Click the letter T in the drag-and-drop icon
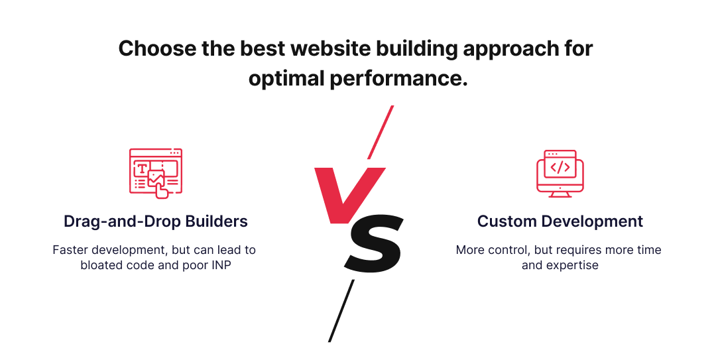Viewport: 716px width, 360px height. (141, 168)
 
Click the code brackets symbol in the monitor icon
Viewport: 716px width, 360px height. (560, 167)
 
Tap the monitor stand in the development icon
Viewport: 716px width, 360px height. (560, 194)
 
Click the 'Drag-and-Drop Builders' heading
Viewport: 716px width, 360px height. (156, 221)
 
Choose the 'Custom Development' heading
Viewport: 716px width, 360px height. (560, 221)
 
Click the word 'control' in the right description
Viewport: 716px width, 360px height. (510, 250)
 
